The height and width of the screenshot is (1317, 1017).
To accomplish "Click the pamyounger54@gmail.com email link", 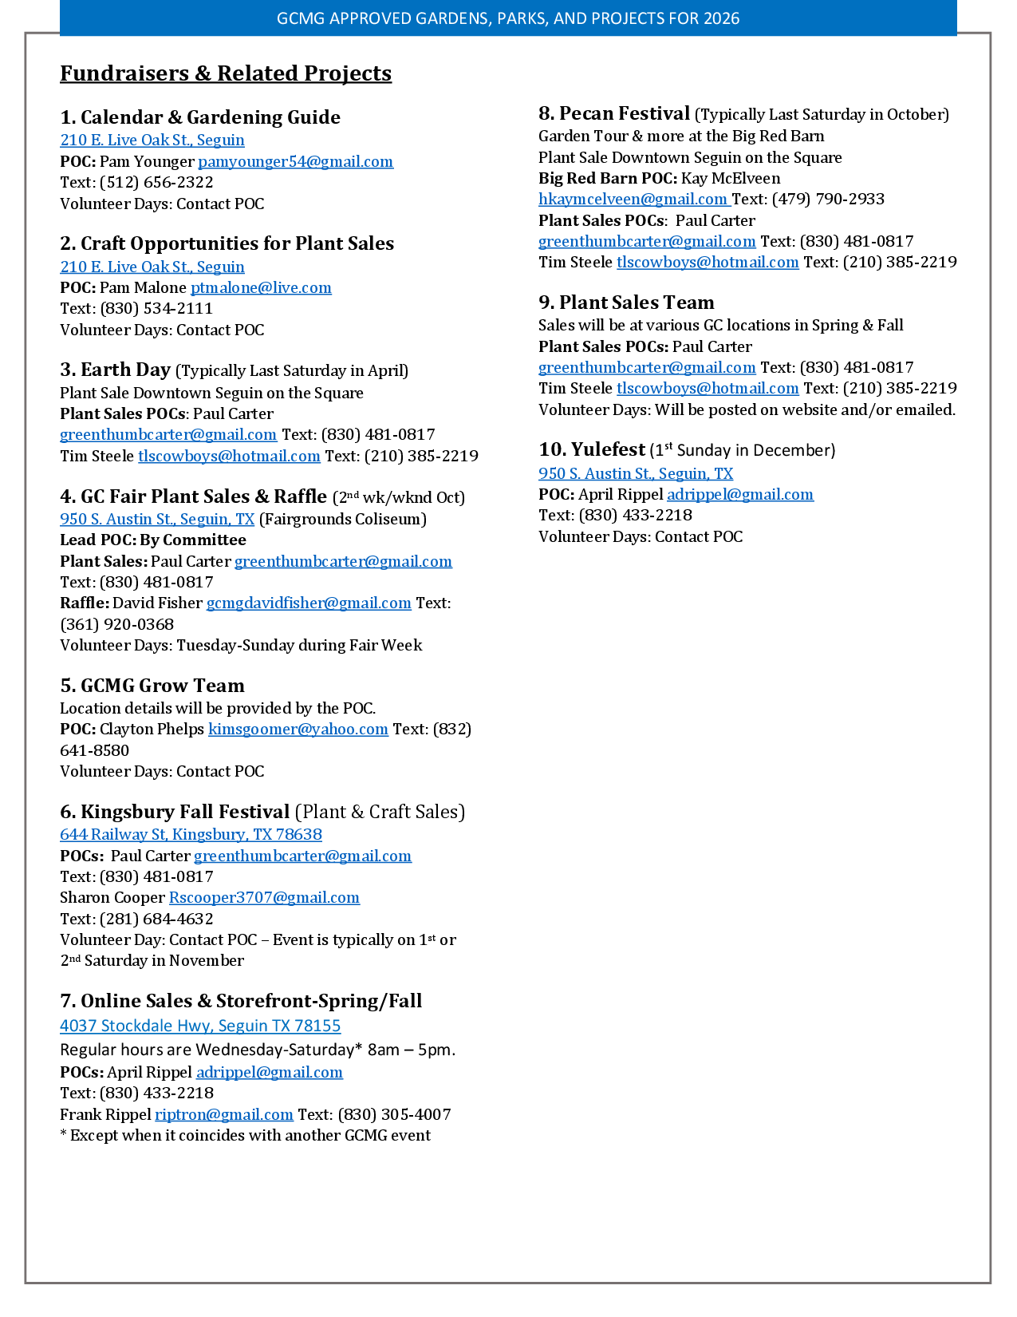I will tap(295, 161).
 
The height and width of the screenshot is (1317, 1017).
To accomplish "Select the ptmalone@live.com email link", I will tap(261, 287).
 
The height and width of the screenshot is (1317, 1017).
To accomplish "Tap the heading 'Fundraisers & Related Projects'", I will tap(226, 73).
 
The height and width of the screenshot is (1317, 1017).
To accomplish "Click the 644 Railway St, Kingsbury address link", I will tap(191, 834).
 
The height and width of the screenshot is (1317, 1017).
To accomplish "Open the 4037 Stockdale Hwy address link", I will tap(200, 1026).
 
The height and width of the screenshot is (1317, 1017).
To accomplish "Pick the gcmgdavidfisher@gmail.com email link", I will tap(309, 603).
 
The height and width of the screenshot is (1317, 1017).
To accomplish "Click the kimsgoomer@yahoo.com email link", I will tap(298, 729).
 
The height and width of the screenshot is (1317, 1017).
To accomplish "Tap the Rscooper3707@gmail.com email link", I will tap(264, 897).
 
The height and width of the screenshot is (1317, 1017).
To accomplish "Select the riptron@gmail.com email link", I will tap(224, 1114).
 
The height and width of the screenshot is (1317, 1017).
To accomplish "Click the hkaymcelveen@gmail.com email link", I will tap(633, 199).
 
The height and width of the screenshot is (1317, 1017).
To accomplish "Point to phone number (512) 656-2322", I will tap(156, 182).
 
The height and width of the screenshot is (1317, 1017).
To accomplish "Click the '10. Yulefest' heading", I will tap(591, 449).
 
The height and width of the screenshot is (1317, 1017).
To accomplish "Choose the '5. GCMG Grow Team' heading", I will tap(152, 686).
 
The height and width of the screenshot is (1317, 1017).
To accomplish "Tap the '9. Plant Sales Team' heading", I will tap(626, 303).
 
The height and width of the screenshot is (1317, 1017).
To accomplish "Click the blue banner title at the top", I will tap(508, 18).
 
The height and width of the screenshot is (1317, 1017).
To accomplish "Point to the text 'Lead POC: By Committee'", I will tap(153, 540).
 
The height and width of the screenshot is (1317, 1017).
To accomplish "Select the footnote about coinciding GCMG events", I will tap(245, 1135).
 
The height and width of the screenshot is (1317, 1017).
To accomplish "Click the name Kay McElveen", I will tap(731, 178).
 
